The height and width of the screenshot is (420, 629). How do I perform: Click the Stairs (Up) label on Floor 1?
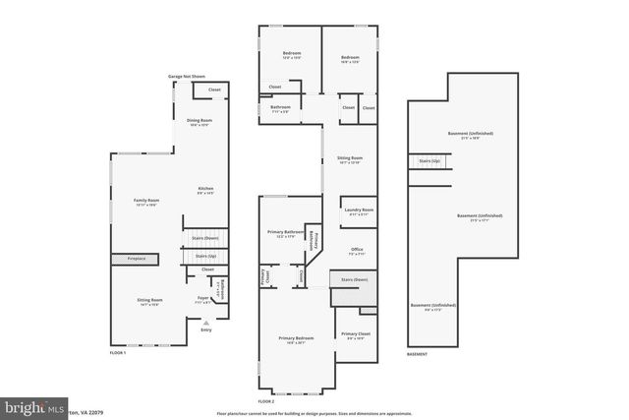coord(192,256)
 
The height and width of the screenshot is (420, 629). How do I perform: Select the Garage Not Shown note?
coord(186,76)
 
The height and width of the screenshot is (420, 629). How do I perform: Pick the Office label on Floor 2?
coord(357,250)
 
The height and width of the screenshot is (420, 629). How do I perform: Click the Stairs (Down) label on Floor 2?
coord(354,280)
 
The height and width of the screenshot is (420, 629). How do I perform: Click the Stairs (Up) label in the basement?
coord(429,160)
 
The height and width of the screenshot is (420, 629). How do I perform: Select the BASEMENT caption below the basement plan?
coord(419,352)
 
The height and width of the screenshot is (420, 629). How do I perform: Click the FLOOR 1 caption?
coord(118,352)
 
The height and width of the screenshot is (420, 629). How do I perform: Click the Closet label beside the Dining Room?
coord(214,90)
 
